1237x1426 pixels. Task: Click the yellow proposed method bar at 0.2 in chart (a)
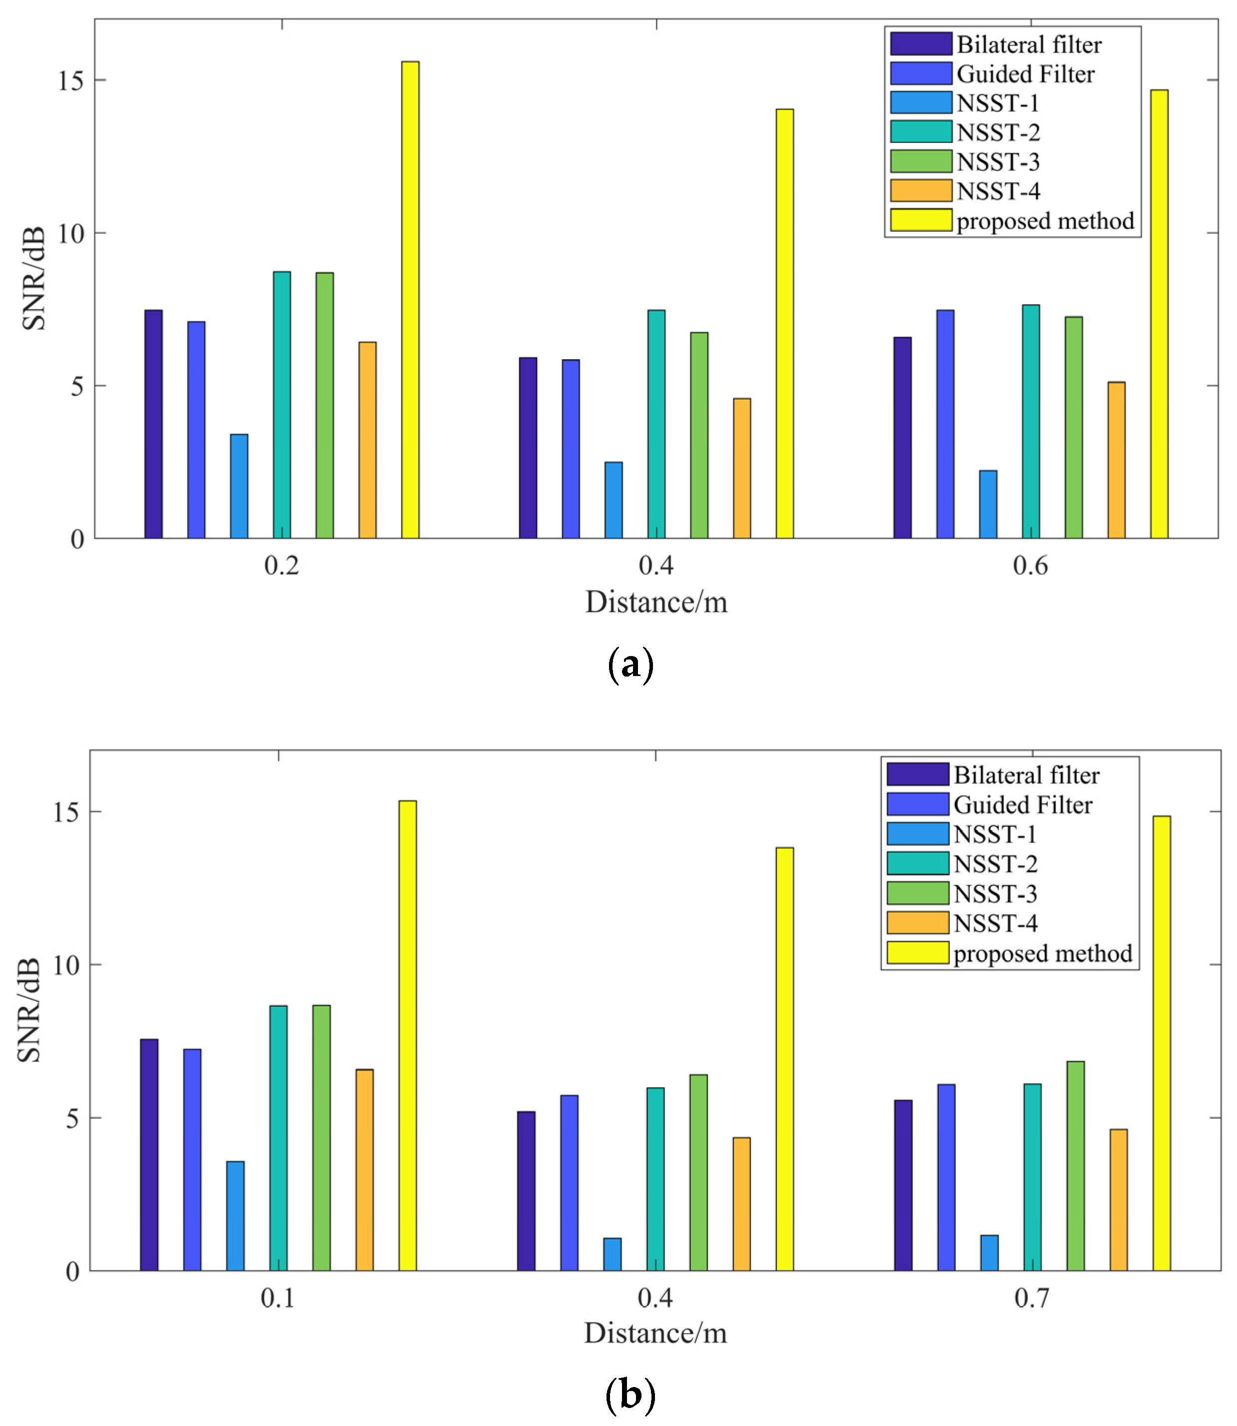pos(410,300)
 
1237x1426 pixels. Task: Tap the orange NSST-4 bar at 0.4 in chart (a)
pos(742,469)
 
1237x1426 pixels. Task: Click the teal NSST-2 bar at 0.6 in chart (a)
pos(1031,422)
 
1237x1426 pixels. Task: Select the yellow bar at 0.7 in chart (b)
pos(1162,1044)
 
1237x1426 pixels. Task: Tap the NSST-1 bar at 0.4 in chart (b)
pos(613,1254)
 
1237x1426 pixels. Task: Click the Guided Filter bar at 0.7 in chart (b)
pos(946,1178)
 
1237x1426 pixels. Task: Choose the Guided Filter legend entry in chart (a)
pos(1025,74)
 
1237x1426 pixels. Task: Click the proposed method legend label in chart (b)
pos(1042,953)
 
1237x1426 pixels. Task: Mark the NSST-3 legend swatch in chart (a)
pos(921,161)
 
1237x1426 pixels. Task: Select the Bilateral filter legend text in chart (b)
pos(1027,775)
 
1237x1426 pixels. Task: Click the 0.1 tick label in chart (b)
pos(277,1298)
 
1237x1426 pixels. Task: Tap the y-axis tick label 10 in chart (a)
pos(70,234)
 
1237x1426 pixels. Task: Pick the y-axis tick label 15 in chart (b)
pos(66,812)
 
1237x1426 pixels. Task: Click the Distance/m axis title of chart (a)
pos(656,603)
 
